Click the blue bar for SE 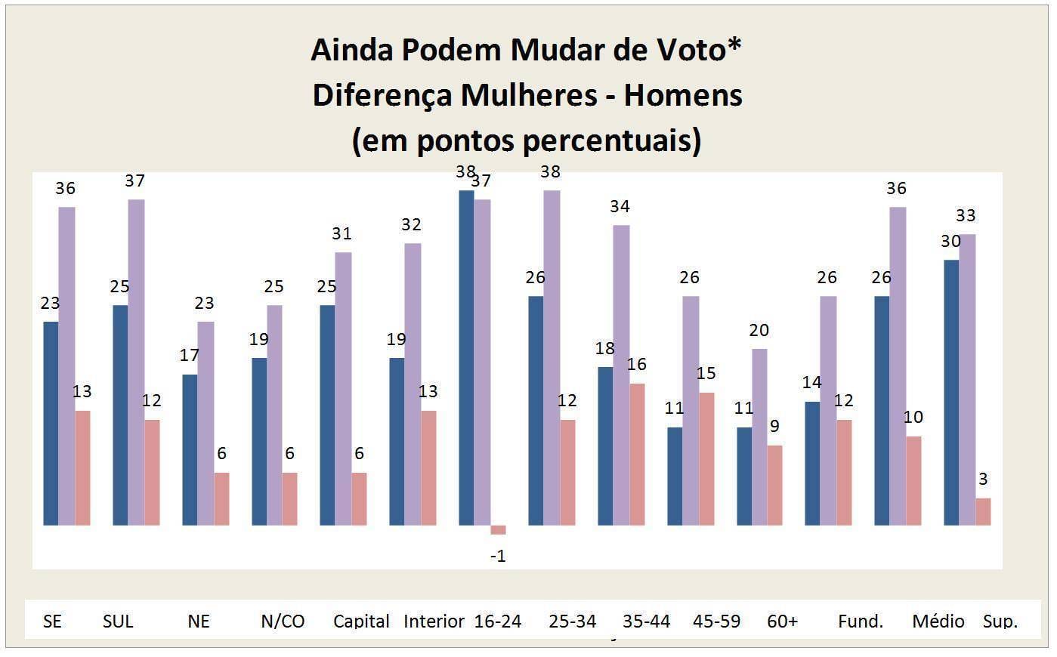(x=51, y=423)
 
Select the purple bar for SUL (x=136, y=362)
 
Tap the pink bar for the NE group (x=221, y=498)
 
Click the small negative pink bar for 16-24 (x=498, y=529)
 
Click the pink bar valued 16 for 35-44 (x=637, y=454)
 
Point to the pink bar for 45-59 (x=706, y=458)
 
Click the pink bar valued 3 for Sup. (x=983, y=511)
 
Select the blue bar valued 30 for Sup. (x=951, y=392)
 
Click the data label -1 (x=498, y=556)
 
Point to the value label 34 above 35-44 (x=620, y=206)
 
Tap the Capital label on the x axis (x=361, y=621)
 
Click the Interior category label (x=434, y=621)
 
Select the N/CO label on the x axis (x=283, y=621)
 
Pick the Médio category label (x=938, y=621)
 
